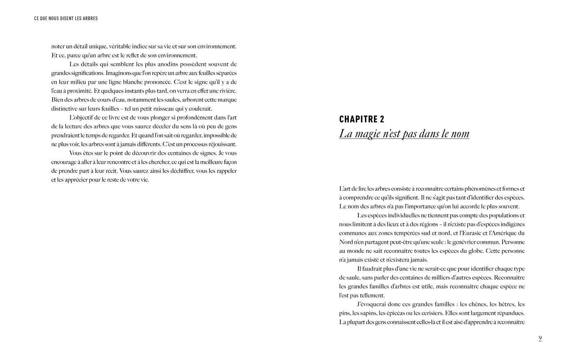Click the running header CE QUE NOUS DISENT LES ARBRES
coord(66,19)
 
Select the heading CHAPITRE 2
coord(362,119)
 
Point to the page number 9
coord(540,339)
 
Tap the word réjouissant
coord(222,144)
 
